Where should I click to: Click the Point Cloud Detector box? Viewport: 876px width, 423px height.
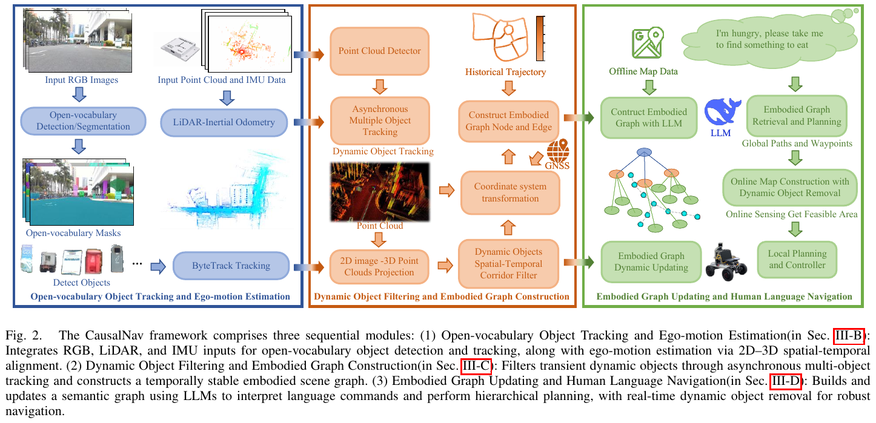379,51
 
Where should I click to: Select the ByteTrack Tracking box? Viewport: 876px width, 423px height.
231,266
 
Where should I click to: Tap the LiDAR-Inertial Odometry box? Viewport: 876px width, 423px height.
224,122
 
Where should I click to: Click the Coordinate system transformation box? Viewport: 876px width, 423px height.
510,192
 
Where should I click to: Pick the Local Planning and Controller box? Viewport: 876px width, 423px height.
797,260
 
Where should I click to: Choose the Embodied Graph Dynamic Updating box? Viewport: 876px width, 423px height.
651,261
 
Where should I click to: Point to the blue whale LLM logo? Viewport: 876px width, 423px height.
722,111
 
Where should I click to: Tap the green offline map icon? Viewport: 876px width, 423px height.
648,42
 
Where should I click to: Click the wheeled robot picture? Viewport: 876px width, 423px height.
726,261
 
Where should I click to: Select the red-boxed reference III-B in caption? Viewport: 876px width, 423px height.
849,336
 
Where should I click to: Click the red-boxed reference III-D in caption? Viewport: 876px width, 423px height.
786,381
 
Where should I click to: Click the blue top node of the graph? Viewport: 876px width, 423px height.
644,152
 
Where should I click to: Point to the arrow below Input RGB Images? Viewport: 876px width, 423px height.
79,94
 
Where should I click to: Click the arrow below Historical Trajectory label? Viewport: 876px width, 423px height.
508,88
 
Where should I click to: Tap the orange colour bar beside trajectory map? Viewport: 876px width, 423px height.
540,38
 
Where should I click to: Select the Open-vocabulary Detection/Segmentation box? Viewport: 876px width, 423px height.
83,121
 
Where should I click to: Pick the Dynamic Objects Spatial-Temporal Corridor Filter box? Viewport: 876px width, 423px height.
508,264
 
